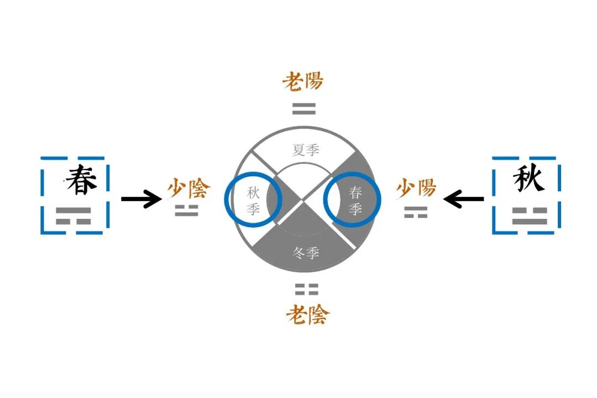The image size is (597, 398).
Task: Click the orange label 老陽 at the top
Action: point(302,82)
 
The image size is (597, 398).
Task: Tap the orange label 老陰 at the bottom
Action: point(307,315)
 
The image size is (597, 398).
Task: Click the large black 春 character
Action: point(81,180)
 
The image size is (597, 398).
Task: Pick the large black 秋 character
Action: point(528,179)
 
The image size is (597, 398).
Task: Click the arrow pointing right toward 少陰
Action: point(140,198)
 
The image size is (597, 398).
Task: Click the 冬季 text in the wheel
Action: point(306,254)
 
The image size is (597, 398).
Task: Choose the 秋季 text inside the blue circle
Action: point(253,201)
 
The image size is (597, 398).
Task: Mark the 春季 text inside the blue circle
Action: point(355,201)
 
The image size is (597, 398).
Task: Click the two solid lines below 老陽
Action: point(304,109)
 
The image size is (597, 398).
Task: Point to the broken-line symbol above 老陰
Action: point(306,289)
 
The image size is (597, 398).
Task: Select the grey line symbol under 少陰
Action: point(186,211)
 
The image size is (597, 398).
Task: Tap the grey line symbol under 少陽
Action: point(415,212)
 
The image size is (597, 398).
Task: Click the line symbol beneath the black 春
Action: point(73,216)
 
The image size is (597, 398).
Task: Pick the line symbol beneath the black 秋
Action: point(529,216)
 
